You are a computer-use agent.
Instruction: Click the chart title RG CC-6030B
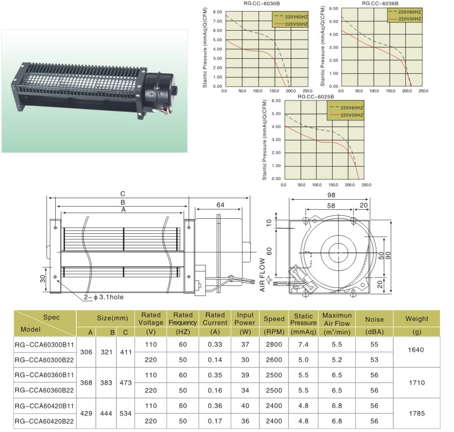click(x=261, y=4)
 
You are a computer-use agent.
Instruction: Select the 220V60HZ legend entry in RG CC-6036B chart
click(x=405, y=12)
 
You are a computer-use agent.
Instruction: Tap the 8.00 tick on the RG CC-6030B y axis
click(x=217, y=12)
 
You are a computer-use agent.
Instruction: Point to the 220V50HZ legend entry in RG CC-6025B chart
click(x=346, y=115)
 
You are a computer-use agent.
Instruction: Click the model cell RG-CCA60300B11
click(x=44, y=345)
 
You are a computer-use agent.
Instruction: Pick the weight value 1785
click(x=417, y=413)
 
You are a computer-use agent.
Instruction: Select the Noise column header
click(x=374, y=319)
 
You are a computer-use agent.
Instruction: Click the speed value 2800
click(x=274, y=344)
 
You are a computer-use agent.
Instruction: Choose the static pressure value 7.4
click(x=304, y=344)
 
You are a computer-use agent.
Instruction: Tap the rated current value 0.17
click(x=215, y=421)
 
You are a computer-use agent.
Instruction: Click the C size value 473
click(x=125, y=382)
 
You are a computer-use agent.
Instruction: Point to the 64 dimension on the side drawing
click(x=220, y=205)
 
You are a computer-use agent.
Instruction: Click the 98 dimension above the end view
click(x=331, y=195)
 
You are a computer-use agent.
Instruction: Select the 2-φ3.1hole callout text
click(x=104, y=297)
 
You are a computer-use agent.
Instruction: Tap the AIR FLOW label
click(x=262, y=275)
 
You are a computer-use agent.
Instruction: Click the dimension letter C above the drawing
click(x=123, y=194)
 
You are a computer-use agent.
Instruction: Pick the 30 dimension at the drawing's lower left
click(x=43, y=279)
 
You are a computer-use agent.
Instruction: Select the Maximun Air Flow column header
click(x=337, y=319)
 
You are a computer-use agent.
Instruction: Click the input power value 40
click(x=245, y=405)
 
